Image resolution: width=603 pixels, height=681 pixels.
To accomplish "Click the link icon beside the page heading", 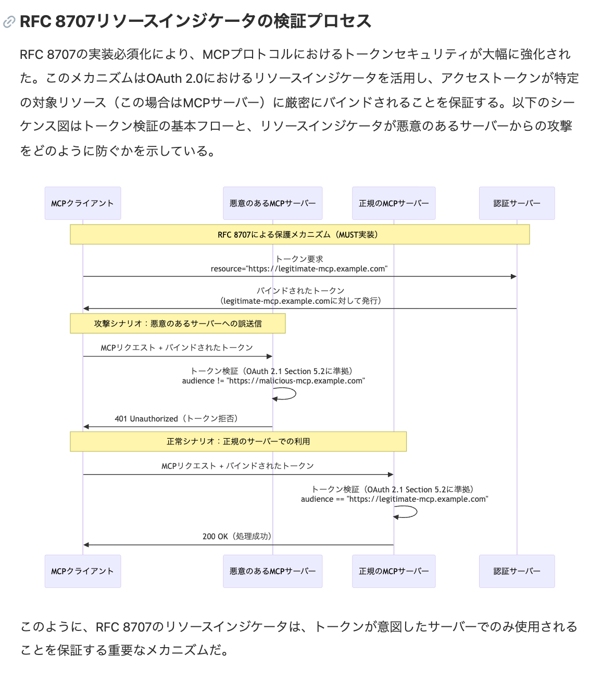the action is pyautogui.click(x=9, y=22).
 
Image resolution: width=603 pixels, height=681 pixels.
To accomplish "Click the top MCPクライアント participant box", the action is pyautogui.click(x=83, y=203).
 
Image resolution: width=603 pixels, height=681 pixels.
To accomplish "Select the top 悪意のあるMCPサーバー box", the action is pyautogui.click(x=272, y=203).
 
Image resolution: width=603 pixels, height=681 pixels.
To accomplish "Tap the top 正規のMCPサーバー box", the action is pyautogui.click(x=394, y=203).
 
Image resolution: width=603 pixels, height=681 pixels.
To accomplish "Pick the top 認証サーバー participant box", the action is pyautogui.click(x=517, y=203).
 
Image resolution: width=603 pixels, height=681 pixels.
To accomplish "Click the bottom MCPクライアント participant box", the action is pyautogui.click(x=83, y=571).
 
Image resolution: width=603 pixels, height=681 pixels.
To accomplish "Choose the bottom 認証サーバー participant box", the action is pyautogui.click(x=517, y=571).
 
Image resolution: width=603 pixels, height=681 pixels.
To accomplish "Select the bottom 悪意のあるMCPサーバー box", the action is pyautogui.click(x=272, y=571).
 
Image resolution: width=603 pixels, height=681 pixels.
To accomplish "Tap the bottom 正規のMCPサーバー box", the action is pyautogui.click(x=394, y=571).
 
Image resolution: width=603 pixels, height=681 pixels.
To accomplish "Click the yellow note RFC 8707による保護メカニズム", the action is pyautogui.click(x=299, y=234).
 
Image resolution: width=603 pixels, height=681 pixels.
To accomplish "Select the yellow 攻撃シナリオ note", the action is pyautogui.click(x=178, y=324).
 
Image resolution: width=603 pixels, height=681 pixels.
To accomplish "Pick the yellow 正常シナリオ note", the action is pyautogui.click(x=238, y=441).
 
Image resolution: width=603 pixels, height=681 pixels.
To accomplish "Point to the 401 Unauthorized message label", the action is pyautogui.click(x=177, y=418).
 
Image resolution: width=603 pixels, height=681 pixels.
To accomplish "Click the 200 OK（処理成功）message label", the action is pyautogui.click(x=237, y=536).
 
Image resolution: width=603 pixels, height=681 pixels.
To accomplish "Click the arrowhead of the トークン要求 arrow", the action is pyautogui.click(x=513, y=276).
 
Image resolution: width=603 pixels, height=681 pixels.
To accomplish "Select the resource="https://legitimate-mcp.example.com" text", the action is pyautogui.click(x=299, y=269).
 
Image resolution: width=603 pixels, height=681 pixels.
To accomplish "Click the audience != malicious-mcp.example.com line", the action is pyautogui.click(x=273, y=381).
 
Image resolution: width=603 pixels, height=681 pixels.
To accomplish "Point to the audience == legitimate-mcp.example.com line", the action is pyautogui.click(x=394, y=499).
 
